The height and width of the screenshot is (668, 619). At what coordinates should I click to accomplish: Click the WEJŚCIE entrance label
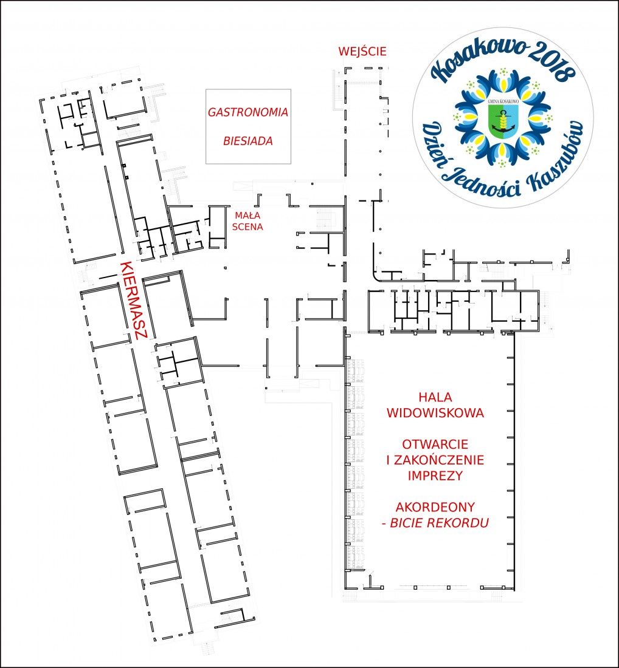(x=362, y=51)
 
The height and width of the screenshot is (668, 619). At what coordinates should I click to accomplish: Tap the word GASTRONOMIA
(x=248, y=112)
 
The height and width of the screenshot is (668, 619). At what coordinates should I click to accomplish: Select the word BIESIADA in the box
(x=248, y=141)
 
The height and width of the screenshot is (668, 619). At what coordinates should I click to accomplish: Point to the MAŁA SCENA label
(x=247, y=221)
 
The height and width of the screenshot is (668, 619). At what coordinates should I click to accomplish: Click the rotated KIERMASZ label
(x=134, y=301)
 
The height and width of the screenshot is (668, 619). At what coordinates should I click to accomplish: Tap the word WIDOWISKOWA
(x=435, y=413)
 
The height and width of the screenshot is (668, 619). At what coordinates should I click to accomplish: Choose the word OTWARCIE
(x=435, y=445)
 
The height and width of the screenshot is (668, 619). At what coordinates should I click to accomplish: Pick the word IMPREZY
(x=435, y=475)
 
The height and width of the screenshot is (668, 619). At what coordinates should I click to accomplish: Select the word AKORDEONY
(x=435, y=507)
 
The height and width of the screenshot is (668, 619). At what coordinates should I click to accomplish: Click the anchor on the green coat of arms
(x=503, y=122)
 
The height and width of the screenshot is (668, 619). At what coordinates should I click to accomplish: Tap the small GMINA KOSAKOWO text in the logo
(x=503, y=101)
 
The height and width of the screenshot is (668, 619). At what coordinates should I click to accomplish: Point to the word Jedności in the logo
(x=483, y=183)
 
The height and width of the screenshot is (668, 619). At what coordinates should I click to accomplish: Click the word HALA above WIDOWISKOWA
(x=435, y=397)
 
